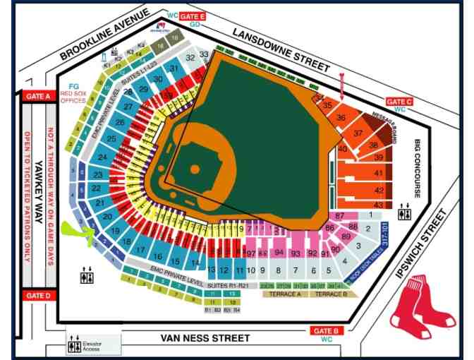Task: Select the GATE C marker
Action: (399, 102)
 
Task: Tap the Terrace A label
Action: (286, 293)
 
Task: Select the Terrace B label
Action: (330, 293)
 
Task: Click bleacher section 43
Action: (379, 205)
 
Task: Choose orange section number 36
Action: (341, 118)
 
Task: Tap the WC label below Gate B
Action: (327, 340)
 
